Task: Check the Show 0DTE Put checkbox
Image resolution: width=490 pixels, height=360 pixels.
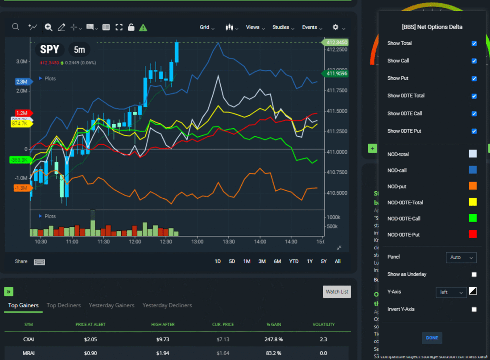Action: pos(474,131)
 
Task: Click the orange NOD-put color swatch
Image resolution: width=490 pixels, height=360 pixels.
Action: pos(473,186)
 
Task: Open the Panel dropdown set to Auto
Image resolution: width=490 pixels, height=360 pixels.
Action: pos(461,258)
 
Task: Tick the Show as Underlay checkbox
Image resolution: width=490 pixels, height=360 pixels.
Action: pos(474,274)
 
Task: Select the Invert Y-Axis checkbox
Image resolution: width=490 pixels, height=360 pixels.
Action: pos(474,309)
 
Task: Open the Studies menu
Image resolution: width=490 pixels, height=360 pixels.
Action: pos(283,27)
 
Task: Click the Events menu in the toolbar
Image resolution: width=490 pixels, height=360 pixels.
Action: pos(312,27)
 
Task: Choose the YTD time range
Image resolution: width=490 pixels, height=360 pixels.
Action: pos(293,261)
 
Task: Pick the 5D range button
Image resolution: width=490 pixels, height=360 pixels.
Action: pos(232,261)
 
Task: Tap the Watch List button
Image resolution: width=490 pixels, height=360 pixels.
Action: pos(337,292)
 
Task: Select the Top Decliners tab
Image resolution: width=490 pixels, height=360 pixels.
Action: pos(64,305)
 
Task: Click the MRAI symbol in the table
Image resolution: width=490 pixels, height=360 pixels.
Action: pos(28,354)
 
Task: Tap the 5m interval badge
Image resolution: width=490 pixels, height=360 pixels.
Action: pos(79,49)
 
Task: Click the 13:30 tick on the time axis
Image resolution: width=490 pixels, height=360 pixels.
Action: pos(228,242)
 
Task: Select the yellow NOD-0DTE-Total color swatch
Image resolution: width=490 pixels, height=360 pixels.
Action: pos(473,202)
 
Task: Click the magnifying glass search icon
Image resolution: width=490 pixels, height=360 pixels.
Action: pos(16,27)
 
